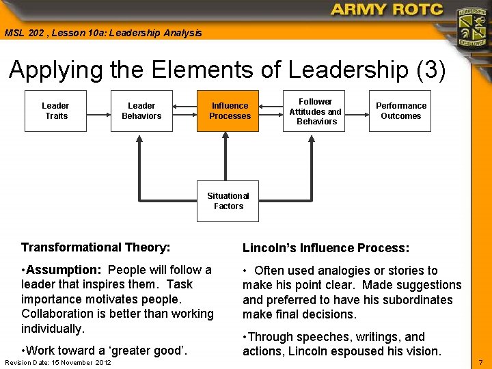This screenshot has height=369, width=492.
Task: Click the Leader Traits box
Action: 55,111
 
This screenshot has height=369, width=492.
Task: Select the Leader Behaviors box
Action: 141,111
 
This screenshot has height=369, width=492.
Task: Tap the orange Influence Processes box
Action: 230,111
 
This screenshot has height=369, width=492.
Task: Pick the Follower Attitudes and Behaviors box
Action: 315,111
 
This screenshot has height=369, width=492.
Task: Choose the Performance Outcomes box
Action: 400,111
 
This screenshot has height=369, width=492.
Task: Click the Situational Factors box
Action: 228,201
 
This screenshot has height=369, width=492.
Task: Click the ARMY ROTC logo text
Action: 387,10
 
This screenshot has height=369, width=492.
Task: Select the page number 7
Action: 481,361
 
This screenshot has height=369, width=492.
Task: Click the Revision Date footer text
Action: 58,362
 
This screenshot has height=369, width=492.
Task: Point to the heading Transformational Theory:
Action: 96,247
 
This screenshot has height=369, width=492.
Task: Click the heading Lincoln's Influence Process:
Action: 326,248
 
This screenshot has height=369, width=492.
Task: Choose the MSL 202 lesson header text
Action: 103,33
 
